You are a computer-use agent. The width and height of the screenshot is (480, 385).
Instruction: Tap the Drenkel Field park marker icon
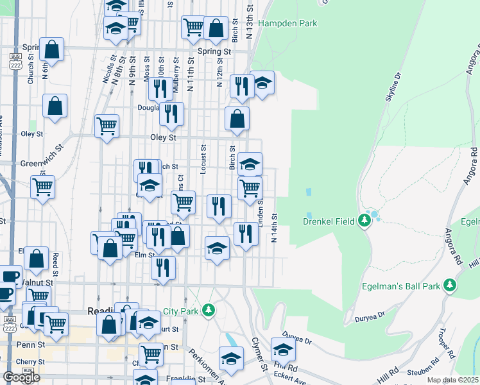coord(365,221)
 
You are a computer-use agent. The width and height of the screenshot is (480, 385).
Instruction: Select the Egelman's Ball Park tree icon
coord(450,285)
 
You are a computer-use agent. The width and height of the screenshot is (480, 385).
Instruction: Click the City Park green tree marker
coord(208,311)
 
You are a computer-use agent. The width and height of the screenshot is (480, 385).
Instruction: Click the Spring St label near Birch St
coord(214,51)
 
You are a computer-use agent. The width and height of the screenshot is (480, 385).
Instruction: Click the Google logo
coord(21,377)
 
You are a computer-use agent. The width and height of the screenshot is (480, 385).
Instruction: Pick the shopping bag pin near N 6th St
coord(51,49)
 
